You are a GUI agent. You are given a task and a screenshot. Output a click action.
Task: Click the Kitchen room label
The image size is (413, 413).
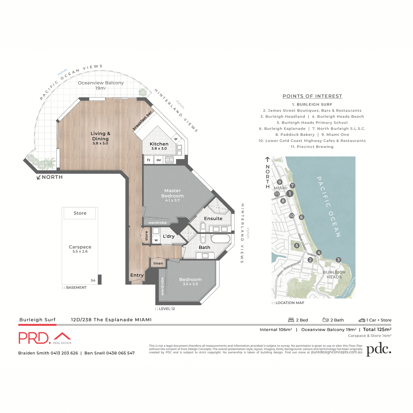159,144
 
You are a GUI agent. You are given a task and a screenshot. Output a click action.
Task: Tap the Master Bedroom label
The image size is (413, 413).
172,193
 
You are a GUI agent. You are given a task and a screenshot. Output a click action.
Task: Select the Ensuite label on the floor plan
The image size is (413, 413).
213,219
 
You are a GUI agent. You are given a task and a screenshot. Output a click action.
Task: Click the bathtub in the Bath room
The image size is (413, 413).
220,239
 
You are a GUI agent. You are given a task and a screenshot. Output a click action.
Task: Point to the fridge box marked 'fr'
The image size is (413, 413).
149,160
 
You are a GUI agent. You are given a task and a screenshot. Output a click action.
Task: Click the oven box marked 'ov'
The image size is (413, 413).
159,160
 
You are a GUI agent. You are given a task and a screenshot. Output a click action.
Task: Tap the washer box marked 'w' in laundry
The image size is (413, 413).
156,240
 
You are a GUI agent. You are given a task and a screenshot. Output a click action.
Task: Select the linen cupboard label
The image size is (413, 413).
158,263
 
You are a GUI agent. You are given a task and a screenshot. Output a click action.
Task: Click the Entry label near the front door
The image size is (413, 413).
137,275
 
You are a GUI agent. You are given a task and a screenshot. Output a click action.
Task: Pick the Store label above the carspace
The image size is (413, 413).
80,213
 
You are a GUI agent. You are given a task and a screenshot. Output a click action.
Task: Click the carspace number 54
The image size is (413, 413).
93,280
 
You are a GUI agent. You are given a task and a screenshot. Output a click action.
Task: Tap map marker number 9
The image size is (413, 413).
279,182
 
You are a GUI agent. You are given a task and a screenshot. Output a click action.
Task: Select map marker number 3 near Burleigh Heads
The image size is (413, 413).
338,260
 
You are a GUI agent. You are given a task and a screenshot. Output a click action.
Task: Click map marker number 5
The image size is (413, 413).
297,245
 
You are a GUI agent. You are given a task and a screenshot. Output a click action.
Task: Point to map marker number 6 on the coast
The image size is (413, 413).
301,217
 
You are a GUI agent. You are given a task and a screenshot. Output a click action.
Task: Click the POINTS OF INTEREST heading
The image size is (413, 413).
312,96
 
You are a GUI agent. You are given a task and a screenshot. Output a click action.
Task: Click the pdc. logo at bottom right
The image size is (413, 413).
379,349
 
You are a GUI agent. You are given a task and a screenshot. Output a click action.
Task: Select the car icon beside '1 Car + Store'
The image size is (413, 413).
362,320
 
